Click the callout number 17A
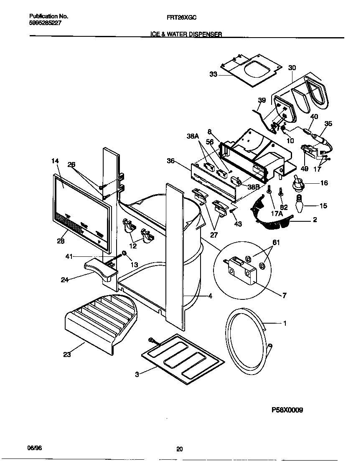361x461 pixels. point(276,213)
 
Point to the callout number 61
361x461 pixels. point(276,243)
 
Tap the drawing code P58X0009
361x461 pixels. point(287,410)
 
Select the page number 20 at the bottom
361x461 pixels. point(179,449)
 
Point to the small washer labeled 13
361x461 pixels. point(124,253)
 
